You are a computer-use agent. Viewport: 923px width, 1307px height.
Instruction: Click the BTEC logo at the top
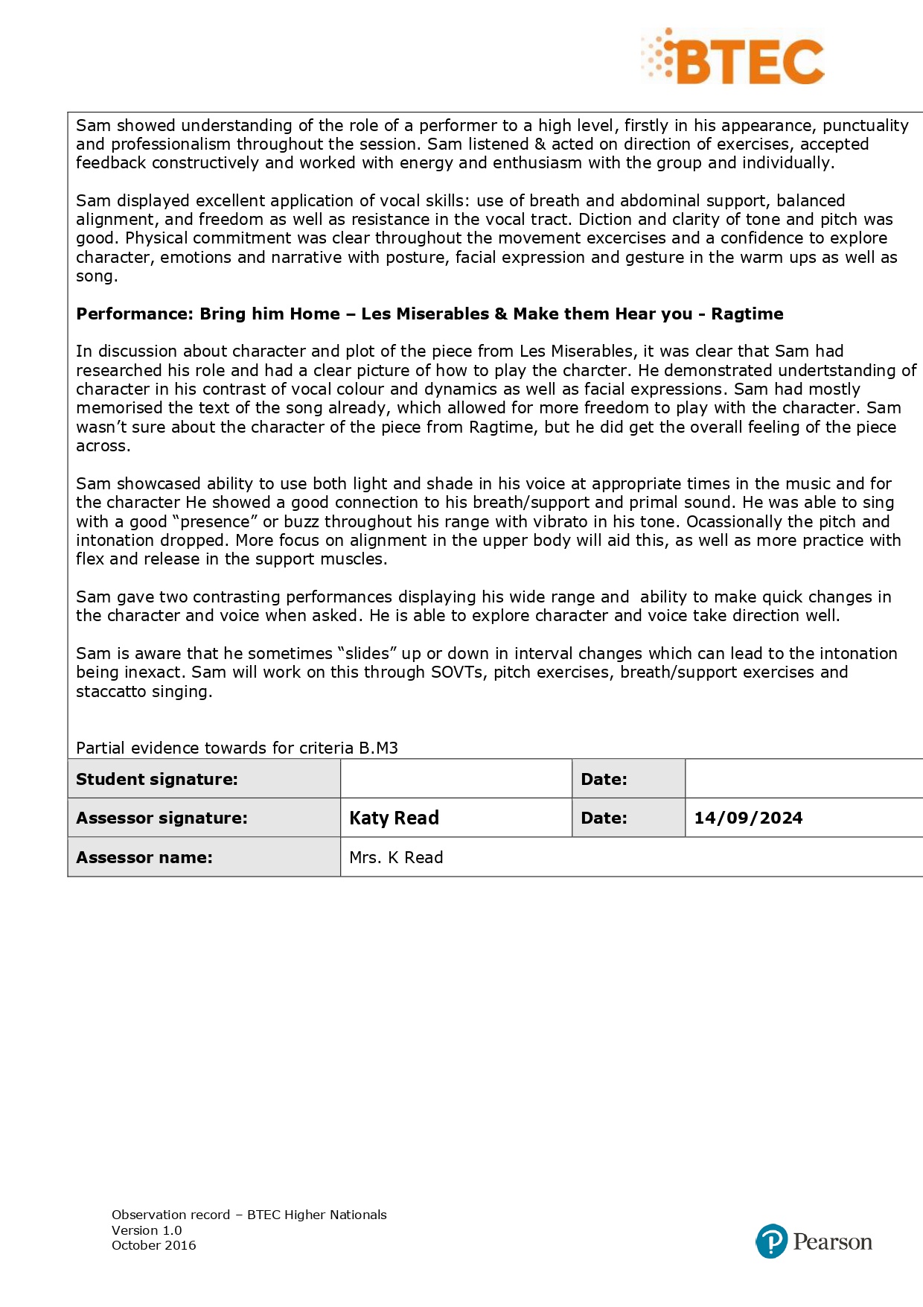point(733,57)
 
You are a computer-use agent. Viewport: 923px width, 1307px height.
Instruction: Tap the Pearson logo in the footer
point(814,1241)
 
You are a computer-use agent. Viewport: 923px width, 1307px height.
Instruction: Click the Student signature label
point(157,779)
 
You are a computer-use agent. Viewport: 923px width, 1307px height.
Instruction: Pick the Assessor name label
point(144,857)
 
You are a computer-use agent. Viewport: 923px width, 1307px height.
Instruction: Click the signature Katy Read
point(394,818)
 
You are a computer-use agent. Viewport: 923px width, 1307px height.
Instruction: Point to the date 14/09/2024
point(748,818)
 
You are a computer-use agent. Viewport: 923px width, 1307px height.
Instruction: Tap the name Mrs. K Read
point(396,857)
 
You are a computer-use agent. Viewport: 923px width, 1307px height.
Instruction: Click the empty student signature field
point(456,779)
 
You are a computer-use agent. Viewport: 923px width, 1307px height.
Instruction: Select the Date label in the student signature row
point(604,779)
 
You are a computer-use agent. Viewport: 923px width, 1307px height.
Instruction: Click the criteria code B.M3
point(378,748)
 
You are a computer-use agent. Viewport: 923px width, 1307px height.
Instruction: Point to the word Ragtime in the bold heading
point(747,314)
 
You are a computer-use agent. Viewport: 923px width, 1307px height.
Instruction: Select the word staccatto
point(111,691)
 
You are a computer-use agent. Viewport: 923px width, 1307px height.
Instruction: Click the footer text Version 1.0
point(147,1230)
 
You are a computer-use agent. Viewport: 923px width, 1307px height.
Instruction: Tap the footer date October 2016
point(154,1245)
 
